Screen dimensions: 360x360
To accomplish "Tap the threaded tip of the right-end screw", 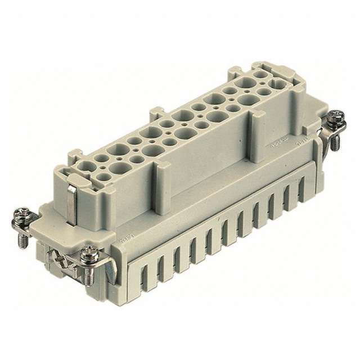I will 336,147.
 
